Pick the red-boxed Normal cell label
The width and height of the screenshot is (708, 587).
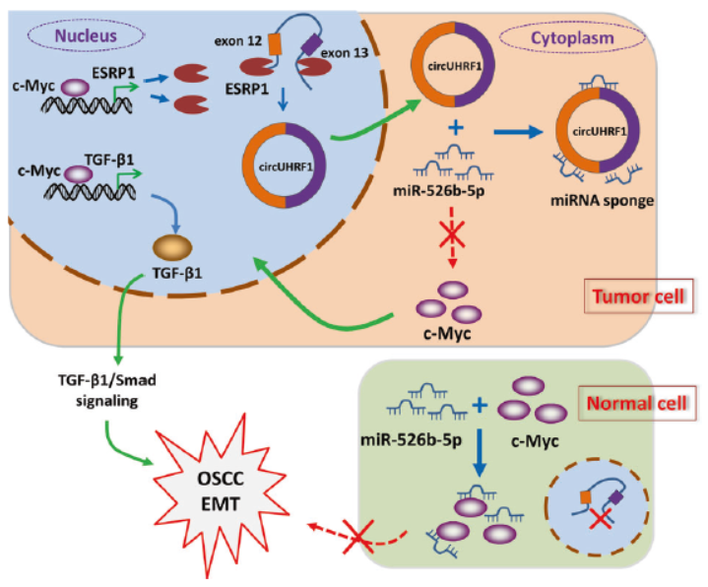click(636, 404)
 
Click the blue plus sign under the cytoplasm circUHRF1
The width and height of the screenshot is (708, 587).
click(455, 128)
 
